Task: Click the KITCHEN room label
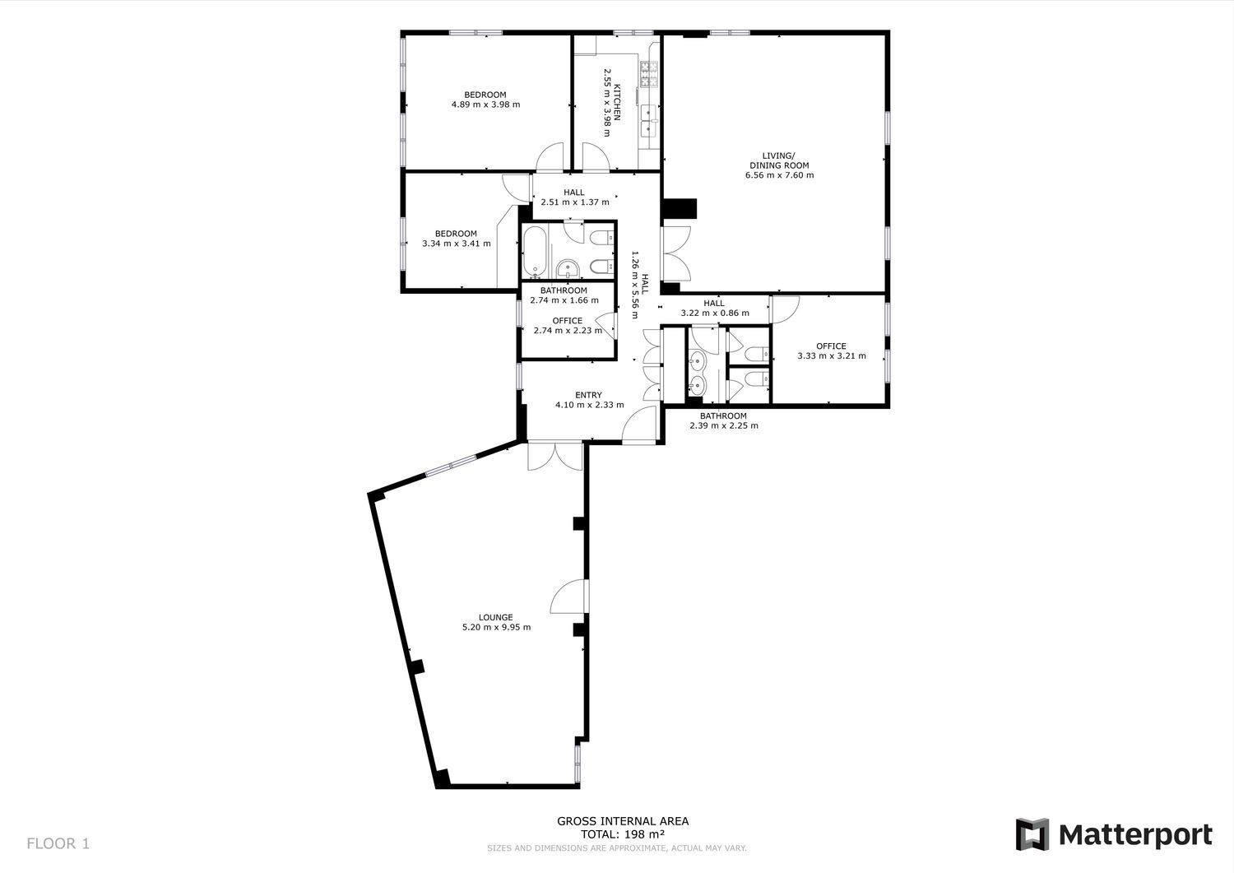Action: click(618, 103)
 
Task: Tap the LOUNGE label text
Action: click(496, 617)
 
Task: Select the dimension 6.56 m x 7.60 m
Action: click(780, 175)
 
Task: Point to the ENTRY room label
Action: click(588, 395)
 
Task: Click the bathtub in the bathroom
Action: click(535, 251)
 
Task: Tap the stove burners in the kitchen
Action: click(649, 74)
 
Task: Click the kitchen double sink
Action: click(650, 119)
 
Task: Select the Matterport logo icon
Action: click(1032, 834)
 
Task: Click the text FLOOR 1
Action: click(58, 843)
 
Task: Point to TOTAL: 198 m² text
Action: click(623, 834)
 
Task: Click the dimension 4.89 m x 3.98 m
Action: click(485, 104)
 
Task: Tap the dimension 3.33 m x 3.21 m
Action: click(831, 356)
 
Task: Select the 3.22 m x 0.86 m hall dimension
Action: click(715, 313)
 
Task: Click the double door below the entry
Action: click(555, 457)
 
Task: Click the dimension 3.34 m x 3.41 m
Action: click(456, 244)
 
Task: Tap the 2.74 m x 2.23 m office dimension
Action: click(568, 331)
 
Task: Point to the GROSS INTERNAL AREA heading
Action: click(623, 821)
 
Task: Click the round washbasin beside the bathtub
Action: click(567, 270)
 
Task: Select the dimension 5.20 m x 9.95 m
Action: click(496, 627)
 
